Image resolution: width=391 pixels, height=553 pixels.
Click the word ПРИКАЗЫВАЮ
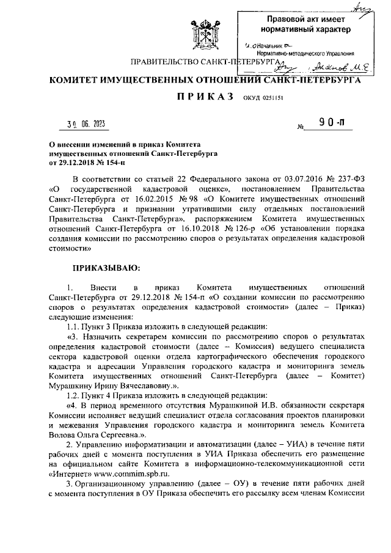coord(106,267)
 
